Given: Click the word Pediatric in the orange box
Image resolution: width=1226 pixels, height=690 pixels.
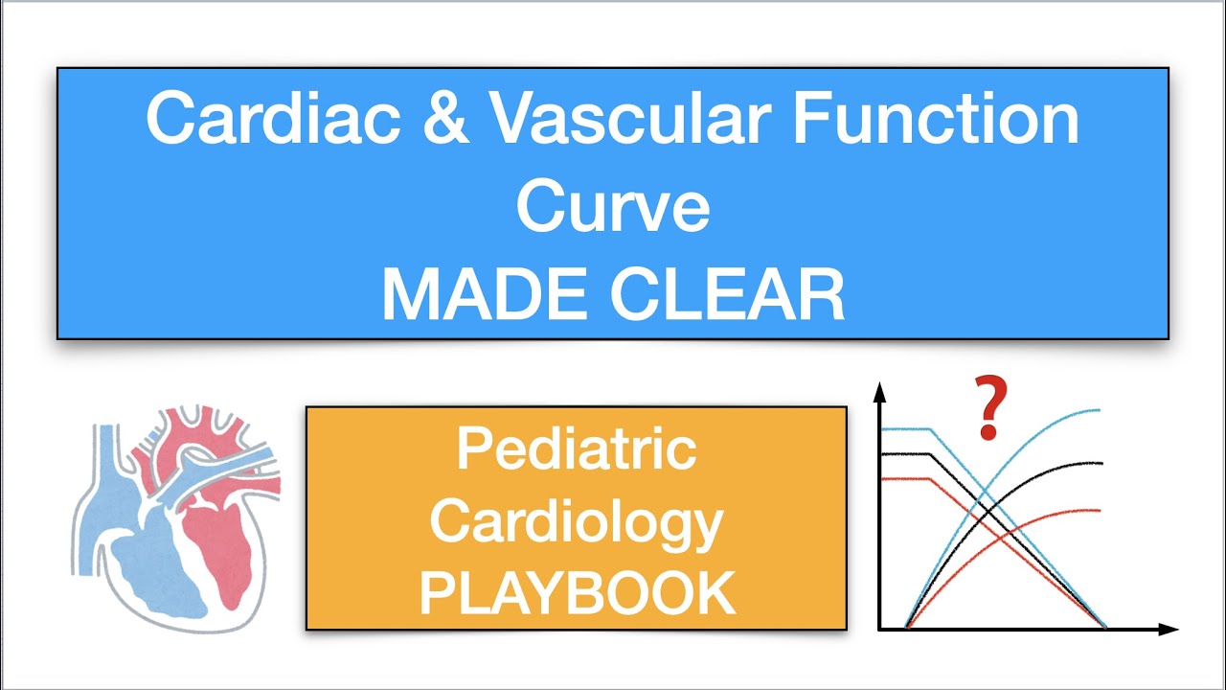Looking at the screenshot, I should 576,448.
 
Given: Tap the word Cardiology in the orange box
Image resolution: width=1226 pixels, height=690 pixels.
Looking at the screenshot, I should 576,521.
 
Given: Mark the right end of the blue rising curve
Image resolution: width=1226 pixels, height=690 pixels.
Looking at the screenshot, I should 1100,410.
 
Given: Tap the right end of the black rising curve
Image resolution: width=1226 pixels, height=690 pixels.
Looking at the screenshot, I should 1101,463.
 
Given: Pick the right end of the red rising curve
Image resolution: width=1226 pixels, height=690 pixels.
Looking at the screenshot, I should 1101,510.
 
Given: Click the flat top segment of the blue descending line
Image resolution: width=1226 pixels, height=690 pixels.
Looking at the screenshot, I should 906,429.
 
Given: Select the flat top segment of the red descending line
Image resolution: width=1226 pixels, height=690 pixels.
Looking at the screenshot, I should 906,477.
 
